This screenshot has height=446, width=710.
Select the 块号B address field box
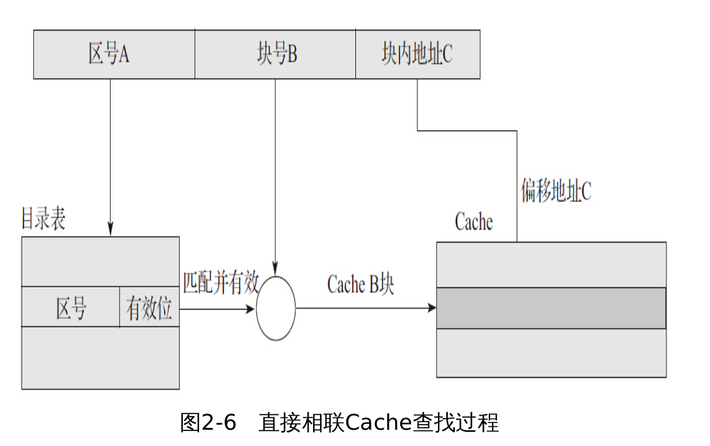click(275, 55)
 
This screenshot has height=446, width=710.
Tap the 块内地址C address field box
click(417, 55)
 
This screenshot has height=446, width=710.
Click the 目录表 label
click(43, 220)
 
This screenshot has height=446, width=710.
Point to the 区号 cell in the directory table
click(70, 307)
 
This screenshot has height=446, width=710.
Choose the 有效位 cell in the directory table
click(149, 307)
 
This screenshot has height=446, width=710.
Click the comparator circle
click(276, 308)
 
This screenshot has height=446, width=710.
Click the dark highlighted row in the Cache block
click(551, 308)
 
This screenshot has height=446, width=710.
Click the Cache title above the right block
click(473, 222)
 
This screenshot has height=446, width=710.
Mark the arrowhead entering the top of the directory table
click(111, 230)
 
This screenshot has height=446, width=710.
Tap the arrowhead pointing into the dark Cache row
click(431, 308)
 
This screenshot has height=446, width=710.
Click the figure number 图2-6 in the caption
click(208, 423)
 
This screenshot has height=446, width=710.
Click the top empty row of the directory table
click(100, 261)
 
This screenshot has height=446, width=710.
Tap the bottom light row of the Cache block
click(551, 352)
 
